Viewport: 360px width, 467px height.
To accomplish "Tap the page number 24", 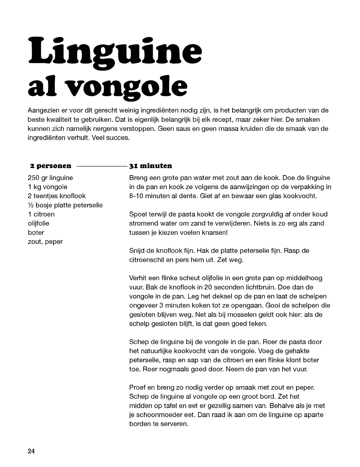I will coord(31,451).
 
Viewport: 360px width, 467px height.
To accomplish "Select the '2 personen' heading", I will coord(51,166).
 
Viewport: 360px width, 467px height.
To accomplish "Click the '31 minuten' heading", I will coord(150,166).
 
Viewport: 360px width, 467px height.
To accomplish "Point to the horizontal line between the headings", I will coord(101,166).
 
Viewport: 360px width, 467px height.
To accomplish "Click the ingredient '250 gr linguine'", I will coord(50,178).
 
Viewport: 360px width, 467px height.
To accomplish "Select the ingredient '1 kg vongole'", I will coord(48,187).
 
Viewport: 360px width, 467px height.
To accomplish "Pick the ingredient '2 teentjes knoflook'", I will coord(57,196).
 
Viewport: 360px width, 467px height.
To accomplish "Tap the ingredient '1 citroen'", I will coord(41,214).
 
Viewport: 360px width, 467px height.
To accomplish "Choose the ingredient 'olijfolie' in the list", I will coord(38,223).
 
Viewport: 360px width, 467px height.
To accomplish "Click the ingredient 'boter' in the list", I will coord(36,232).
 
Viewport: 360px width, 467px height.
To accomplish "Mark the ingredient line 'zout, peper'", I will coord(45,242).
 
